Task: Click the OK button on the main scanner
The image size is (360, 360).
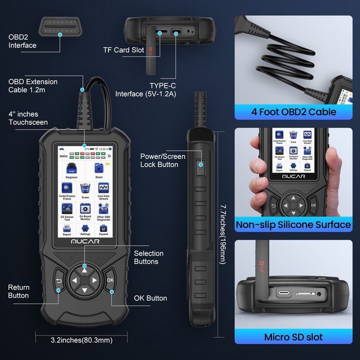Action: (x=110, y=280)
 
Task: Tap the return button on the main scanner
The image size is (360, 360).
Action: (x=58, y=281)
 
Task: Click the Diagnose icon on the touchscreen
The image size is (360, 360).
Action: (x=71, y=169)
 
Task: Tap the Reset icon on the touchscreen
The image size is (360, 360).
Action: (x=99, y=169)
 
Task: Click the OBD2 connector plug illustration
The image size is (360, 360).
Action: (x=60, y=24)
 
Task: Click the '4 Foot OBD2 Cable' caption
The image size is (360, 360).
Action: (x=294, y=112)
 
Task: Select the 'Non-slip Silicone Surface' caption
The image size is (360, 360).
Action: (x=293, y=225)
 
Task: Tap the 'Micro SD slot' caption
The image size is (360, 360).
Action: (x=293, y=337)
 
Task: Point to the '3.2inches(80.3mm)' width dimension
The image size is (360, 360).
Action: (x=82, y=340)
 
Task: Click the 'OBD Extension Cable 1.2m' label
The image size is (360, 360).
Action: (x=33, y=86)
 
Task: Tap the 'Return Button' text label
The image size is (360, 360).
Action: (x=19, y=291)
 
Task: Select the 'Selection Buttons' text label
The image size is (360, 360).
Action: (x=149, y=257)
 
